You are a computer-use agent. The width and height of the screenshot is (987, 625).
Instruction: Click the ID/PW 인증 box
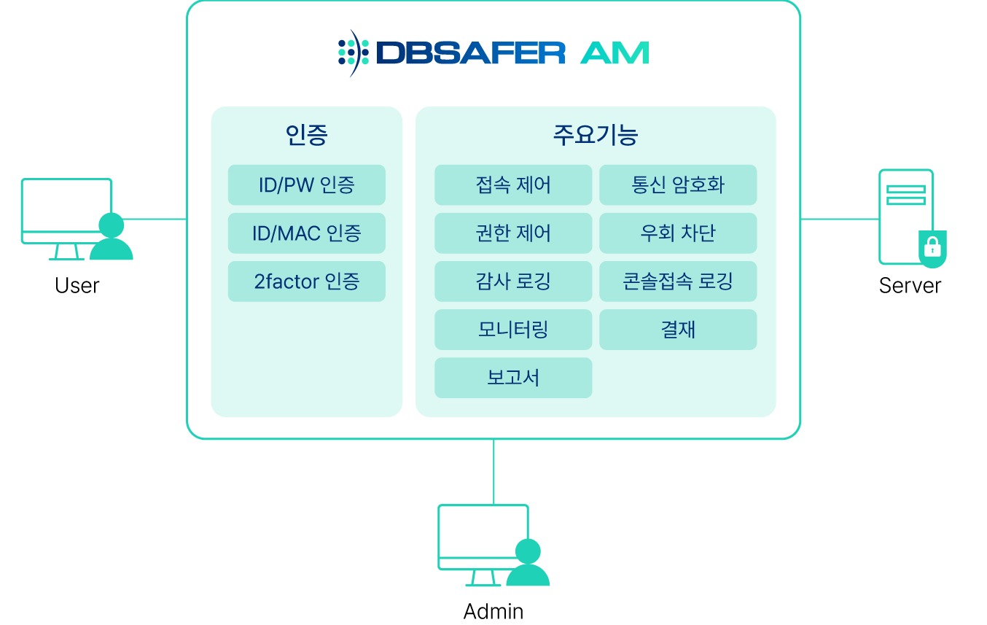coord(306,185)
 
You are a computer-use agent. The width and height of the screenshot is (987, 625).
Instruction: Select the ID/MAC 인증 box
coord(306,233)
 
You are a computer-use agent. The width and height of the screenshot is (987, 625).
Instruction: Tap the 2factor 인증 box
coord(306,282)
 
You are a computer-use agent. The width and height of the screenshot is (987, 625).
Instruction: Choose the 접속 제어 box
coord(513,185)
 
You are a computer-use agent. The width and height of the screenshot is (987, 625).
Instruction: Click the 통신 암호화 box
coord(678,185)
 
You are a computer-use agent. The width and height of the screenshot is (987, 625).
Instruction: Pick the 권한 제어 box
coord(513,233)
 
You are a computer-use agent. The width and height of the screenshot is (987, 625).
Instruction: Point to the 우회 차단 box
coord(678,233)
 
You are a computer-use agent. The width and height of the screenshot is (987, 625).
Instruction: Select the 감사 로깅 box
coord(513,282)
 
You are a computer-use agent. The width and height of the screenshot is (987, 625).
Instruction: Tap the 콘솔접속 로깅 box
coord(678,282)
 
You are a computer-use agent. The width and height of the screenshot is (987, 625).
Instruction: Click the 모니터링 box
coord(513,330)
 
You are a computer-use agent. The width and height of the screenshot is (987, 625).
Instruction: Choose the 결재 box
coord(678,330)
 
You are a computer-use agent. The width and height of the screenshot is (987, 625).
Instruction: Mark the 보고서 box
coord(513,378)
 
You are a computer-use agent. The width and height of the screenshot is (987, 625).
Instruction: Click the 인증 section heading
coord(306,136)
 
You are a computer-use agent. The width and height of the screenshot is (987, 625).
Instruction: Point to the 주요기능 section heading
coord(596,136)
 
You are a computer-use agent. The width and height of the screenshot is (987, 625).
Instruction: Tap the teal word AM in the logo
coord(615,53)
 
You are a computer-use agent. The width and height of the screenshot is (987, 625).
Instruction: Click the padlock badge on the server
coord(932,248)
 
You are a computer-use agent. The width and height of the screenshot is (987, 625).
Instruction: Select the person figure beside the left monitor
coord(112,238)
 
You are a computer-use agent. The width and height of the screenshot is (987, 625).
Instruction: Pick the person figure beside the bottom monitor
coord(528,564)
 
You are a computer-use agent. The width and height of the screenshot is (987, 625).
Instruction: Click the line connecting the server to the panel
coord(840,218)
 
